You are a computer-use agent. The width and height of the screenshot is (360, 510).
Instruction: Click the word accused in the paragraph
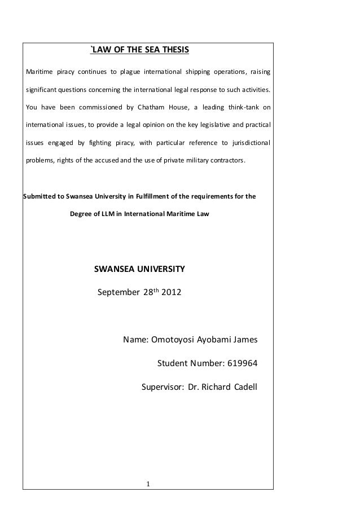[x=112, y=160]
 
